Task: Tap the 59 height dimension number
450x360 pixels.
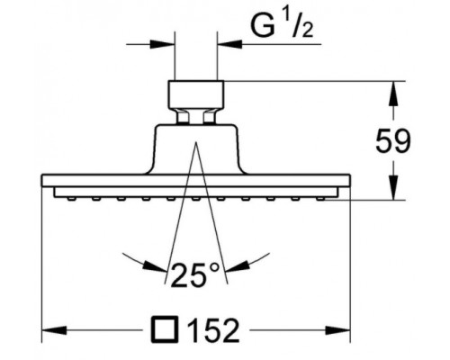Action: (x=392, y=141)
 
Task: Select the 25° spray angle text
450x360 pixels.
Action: (x=196, y=274)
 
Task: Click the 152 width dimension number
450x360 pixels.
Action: (x=213, y=330)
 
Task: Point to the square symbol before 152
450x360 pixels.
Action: (x=165, y=329)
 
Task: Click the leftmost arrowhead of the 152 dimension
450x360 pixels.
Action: (x=54, y=330)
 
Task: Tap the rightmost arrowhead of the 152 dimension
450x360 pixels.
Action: (x=337, y=330)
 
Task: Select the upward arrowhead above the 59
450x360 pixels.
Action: (x=393, y=94)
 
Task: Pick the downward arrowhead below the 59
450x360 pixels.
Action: (x=393, y=187)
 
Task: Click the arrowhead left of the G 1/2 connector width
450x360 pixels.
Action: (x=162, y=44)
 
